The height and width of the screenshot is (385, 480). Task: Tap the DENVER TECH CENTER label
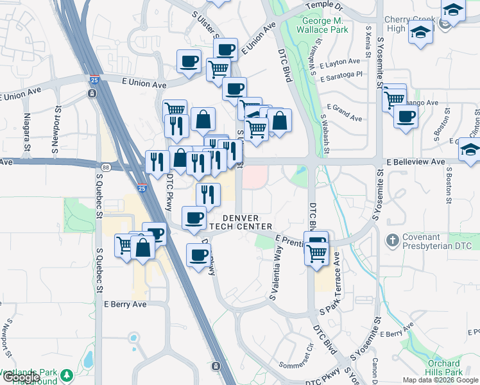[x=247, y=222]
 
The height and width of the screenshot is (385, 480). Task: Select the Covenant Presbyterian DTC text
[x=436, y=242]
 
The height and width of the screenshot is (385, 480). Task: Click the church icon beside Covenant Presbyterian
[x=392, y=241]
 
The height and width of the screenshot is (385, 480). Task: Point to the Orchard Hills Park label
[x=445, y=368]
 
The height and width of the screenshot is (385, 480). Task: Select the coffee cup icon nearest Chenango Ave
[x=406, y=117]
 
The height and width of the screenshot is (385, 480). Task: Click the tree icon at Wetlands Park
[x=67, y=373]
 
